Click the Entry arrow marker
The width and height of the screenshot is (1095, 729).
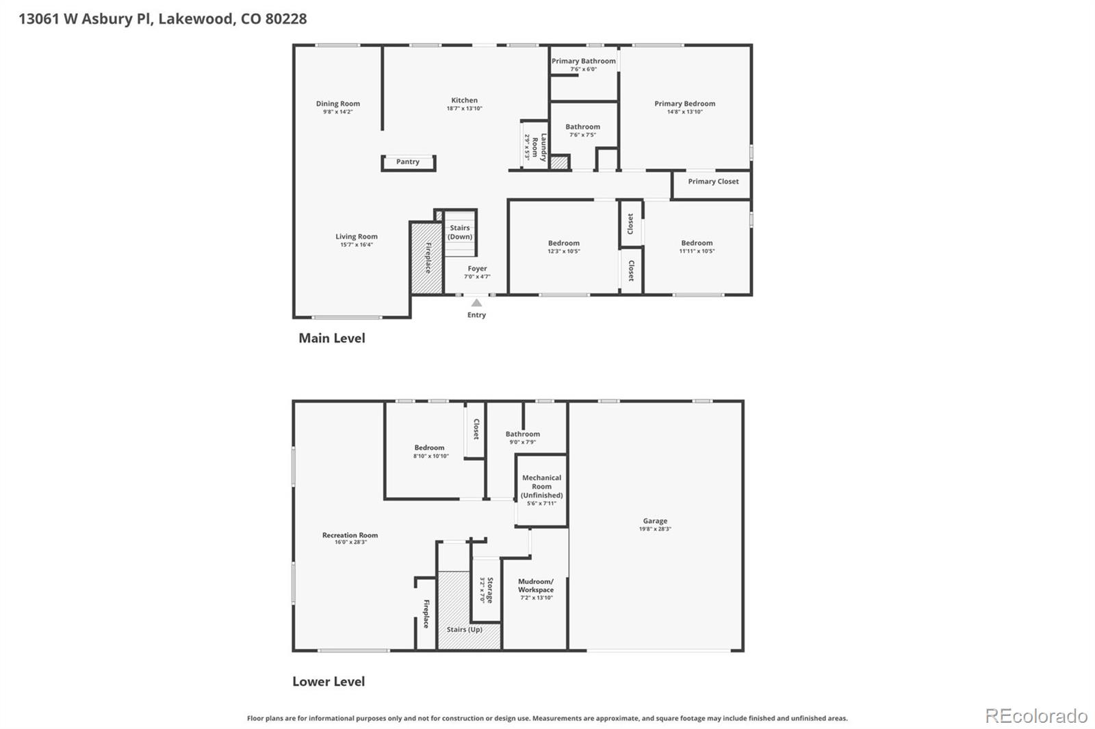click(476, 303)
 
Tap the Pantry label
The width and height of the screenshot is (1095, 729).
click(408, 162)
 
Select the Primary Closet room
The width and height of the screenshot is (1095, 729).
click(712, 182)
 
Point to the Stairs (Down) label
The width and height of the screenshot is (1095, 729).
click(460, 233)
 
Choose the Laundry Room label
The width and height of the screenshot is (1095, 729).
click(539, 147)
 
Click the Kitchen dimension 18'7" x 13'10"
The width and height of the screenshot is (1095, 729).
click(465, 109)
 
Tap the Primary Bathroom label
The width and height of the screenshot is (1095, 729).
click(584, 61)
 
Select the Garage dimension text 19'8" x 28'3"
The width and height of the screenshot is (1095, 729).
click(655, 529)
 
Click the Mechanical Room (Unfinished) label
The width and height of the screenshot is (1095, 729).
click(541, 486)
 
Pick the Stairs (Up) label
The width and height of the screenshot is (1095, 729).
click(464, 629)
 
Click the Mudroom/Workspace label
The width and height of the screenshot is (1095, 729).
click(536, 585)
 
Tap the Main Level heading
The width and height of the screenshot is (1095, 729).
click(332, 338)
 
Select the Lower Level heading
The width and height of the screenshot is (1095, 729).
click(328, 681)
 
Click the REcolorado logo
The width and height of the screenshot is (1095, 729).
click(1036, 716)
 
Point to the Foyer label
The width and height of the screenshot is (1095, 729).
click(477, 269)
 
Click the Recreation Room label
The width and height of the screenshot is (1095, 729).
click(350, 535)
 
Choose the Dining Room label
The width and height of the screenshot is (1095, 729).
click(337, 104)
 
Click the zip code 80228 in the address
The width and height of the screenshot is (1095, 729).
click(285, 18)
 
